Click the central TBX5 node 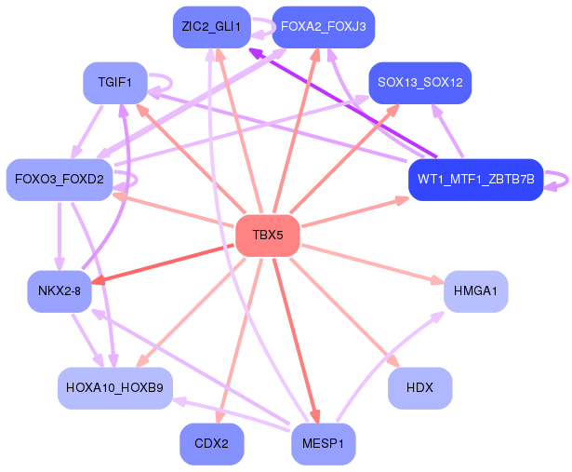point(267,236)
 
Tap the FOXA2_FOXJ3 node point(323,27)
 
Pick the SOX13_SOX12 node point(419,83)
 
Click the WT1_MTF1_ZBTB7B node point(475,179)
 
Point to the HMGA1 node point(475,291)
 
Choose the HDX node point(419,387)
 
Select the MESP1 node point(323,444)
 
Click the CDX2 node point(211,444)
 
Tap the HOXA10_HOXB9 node point(114,387)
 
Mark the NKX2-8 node point(59,291)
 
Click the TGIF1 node point(114,83)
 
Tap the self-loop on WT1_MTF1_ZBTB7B point(558,179)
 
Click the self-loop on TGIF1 point(162,83)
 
